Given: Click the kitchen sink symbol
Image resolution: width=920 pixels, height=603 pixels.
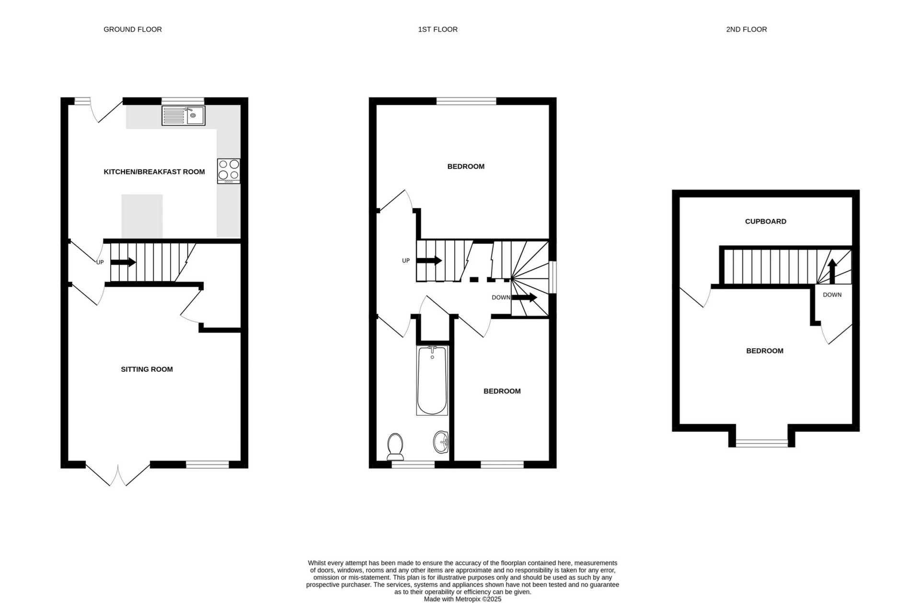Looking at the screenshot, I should pyautogui.click(x=184, y=116).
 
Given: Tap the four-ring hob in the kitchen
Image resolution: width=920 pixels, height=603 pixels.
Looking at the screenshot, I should pyautogui.click(x=229, y=171).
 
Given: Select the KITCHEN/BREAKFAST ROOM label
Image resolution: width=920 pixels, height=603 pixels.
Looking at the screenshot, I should pyautogui.click(x=154, y=172).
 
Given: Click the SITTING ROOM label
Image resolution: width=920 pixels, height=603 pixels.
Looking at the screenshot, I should pyautogui.click(x=147, y=369).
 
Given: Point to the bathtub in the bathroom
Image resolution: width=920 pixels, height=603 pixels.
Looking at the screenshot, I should pyautogui.click(x=432, y=380).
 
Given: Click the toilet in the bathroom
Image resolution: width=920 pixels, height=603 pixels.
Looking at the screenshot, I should pyautogui.click(x=395, y=447).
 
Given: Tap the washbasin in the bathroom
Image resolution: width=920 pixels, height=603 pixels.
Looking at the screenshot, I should pyautogui.click(x=441, y=441).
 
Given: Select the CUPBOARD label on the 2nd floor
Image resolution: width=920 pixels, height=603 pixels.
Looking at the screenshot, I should pyautogui.click(x=765, y=222).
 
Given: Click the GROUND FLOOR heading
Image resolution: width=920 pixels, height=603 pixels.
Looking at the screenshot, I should pyautogui.click(x=133, y=29).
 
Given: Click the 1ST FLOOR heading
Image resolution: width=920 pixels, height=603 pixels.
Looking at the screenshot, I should pyautogui.click(x=437, y=29).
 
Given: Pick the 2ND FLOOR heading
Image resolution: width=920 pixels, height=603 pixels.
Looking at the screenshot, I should pyautogui.click(x=746, y=29).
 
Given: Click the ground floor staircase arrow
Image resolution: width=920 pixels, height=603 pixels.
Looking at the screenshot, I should pyautogui.click(x=123, y=262).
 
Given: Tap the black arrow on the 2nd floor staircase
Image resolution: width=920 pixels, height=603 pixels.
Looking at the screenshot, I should pyautogui.click(x=832, y=272).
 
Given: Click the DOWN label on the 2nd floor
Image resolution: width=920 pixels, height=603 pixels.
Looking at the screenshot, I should pyautogui.click(x=832, y=295).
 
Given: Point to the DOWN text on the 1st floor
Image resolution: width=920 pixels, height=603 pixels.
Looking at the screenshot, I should pyautogui.click(x=501, y=297).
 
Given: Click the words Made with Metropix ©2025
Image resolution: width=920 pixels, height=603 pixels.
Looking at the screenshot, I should pyautogui.click(x=462, y=599).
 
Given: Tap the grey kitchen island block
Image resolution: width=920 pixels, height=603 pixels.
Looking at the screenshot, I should pyautogui.click(x=142, y=216).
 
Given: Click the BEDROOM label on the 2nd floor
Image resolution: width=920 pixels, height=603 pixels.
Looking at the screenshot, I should pyautogui.click(x=765, y=351).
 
